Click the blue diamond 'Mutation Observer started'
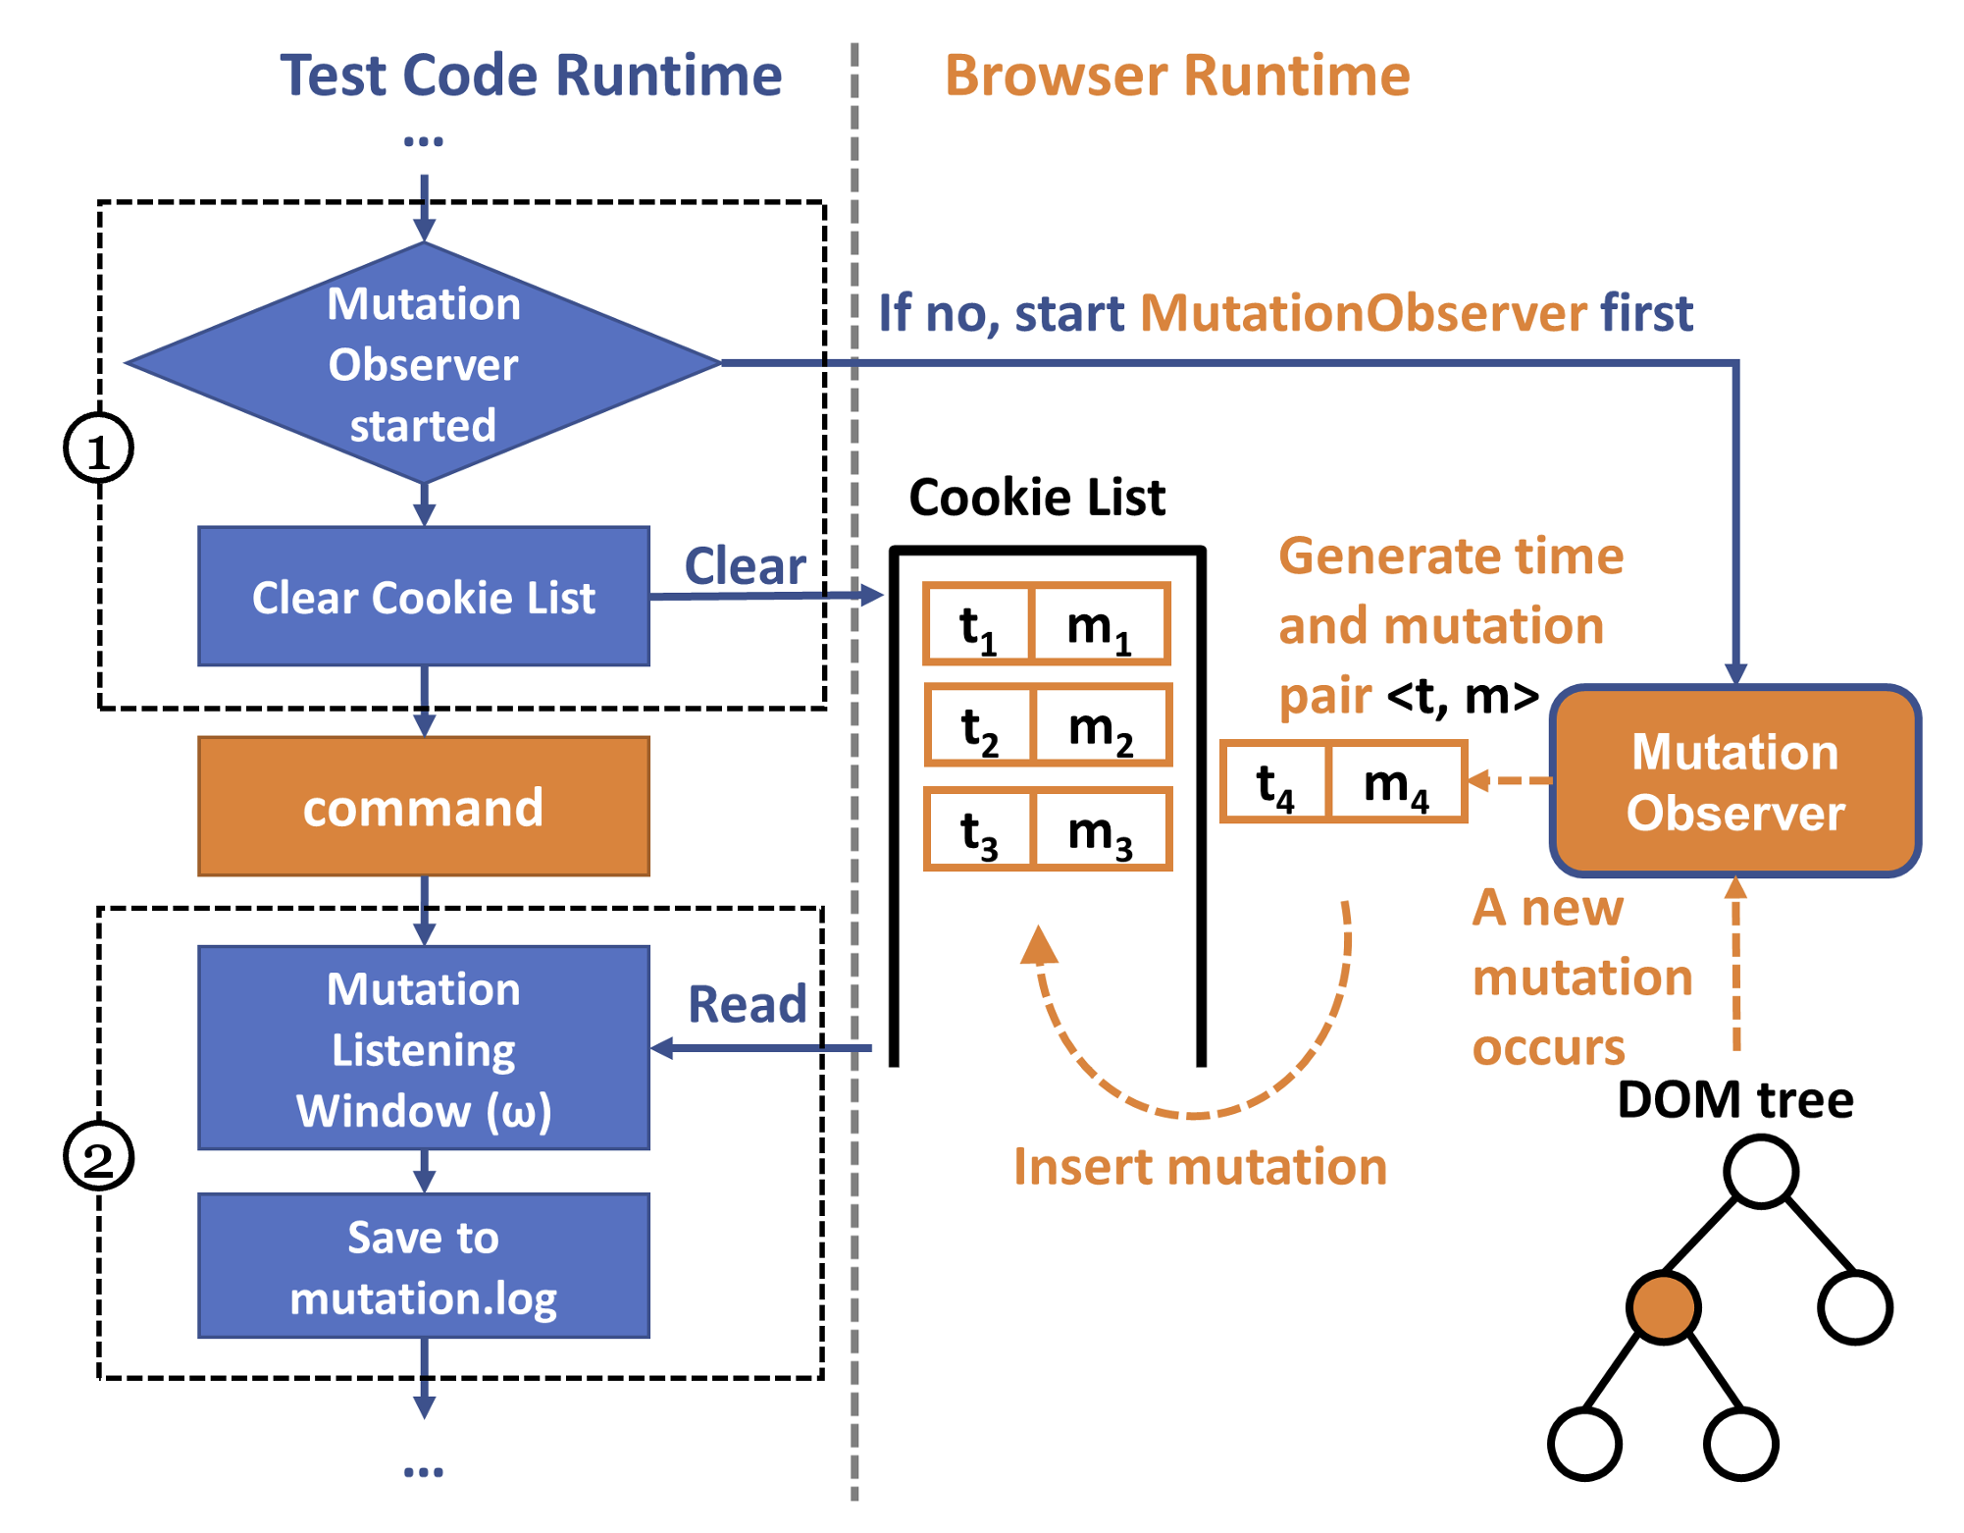coord(424,363)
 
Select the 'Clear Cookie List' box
coord(424,597)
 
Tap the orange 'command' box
coord(424,807)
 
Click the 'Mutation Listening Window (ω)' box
coord(424,1048)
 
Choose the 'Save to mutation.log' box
coord(424,1266)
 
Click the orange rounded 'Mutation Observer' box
coord(1734,781)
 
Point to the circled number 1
coord(98,449)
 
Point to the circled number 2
coord(98,1156)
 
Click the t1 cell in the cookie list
coord(978,625)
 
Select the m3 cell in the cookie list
coord(1101,831)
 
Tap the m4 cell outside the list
coord(1396,783)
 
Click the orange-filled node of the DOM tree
coord(1663,1306)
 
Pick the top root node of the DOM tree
coord(1761,1170)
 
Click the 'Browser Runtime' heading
coord(1177,76)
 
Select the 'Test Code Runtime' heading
coord(531,76)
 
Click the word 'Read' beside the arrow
coord(747,1004)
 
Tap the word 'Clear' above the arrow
coord(745,566)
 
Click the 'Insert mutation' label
coord(1200,1167)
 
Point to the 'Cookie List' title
coord(1037,497)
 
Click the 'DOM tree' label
coord(1734,1099)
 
